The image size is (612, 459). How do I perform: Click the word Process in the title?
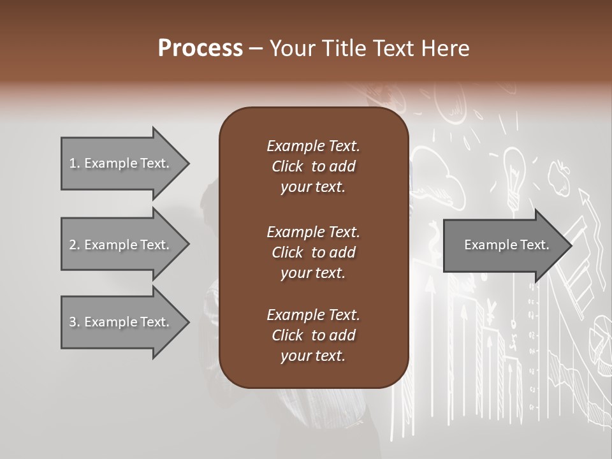(200, 48)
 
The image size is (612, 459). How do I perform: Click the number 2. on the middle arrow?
(75, 245)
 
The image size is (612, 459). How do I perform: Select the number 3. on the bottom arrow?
(75, 322)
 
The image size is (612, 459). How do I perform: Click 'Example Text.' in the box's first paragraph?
(313, 146)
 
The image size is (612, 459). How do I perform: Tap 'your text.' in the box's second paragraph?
(313, 273)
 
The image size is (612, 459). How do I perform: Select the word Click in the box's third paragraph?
(288, 335)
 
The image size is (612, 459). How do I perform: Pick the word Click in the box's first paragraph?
(288, 166)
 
